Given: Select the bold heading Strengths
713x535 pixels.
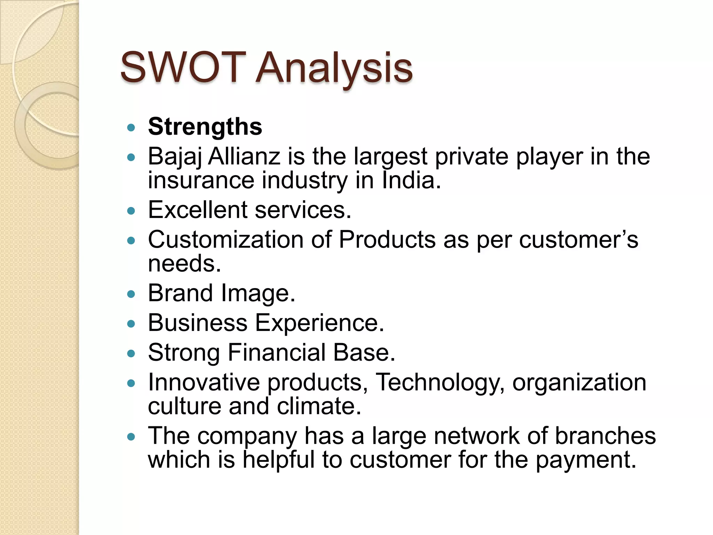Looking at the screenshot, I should (205, 127).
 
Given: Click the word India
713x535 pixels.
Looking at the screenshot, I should (411, 180).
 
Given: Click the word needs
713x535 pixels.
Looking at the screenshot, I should (184, 264).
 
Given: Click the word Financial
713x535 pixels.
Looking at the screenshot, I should (277, 353).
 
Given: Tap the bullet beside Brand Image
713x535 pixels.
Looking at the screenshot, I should (131, 294).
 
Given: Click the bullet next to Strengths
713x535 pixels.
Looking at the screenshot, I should (131, 127).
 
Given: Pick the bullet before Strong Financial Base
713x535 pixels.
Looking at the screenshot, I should (131, 354).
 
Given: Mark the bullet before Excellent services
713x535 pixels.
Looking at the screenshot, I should (131, 211).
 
